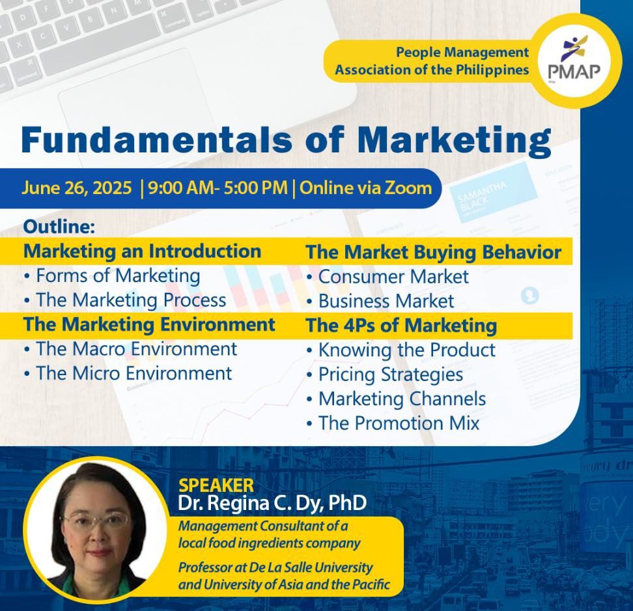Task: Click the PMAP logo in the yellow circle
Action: coord(574,60)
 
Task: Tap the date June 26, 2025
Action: coord(77,188)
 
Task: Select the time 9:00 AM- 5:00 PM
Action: coord(218,188)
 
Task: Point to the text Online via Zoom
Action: coord(366,188)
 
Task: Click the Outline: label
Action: coord(59,227)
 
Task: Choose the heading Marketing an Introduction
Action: coord(142,251)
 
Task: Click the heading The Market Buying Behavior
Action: coord(434,252)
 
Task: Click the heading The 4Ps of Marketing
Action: coord(401,326)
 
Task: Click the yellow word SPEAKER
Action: coord(216,485)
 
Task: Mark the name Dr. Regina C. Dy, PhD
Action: coord(272,503)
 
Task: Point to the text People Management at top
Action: coord(462,53)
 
